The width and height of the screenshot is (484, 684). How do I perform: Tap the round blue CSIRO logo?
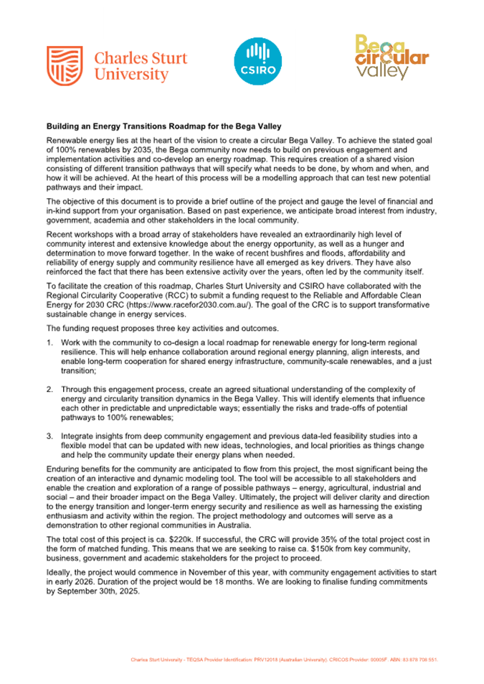255,62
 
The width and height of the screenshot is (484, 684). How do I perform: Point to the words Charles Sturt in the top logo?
141,57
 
